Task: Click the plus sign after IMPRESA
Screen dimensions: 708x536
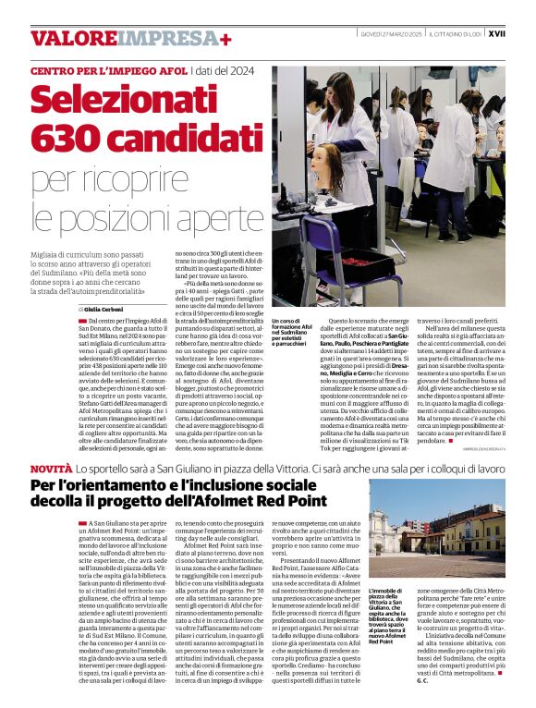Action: (x=225, y=38)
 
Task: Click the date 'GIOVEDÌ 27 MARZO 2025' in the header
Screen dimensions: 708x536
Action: (x=389, y=33)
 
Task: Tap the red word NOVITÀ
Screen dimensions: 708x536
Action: (x=50, y=470)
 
